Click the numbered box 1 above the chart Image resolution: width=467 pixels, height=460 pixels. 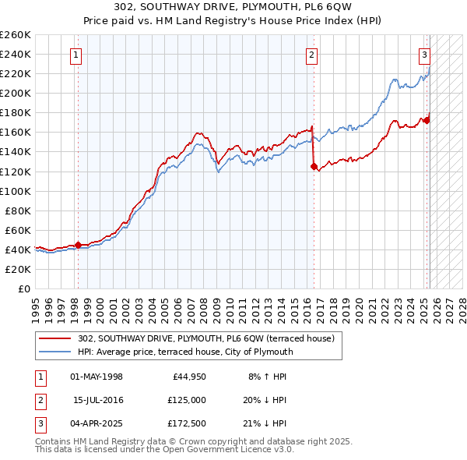[76, 55]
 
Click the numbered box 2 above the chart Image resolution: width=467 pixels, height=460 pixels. [311, 55]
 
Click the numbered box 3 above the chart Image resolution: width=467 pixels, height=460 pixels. [425, 55]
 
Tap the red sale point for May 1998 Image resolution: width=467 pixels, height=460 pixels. [78, 245]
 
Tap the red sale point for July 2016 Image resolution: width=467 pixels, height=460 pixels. [313, 166]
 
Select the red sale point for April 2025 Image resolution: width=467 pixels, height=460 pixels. [427, 119]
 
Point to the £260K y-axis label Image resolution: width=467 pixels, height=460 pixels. [16, 35]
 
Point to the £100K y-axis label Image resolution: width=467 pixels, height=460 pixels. [16, 191]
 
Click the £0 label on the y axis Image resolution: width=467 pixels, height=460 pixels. [23, 288]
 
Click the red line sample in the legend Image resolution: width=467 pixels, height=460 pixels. [54, 338]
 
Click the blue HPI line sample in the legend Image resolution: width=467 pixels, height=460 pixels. [54, 352]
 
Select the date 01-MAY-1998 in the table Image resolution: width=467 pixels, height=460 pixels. [97, 377]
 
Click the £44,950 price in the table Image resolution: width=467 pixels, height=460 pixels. [189, 377]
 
